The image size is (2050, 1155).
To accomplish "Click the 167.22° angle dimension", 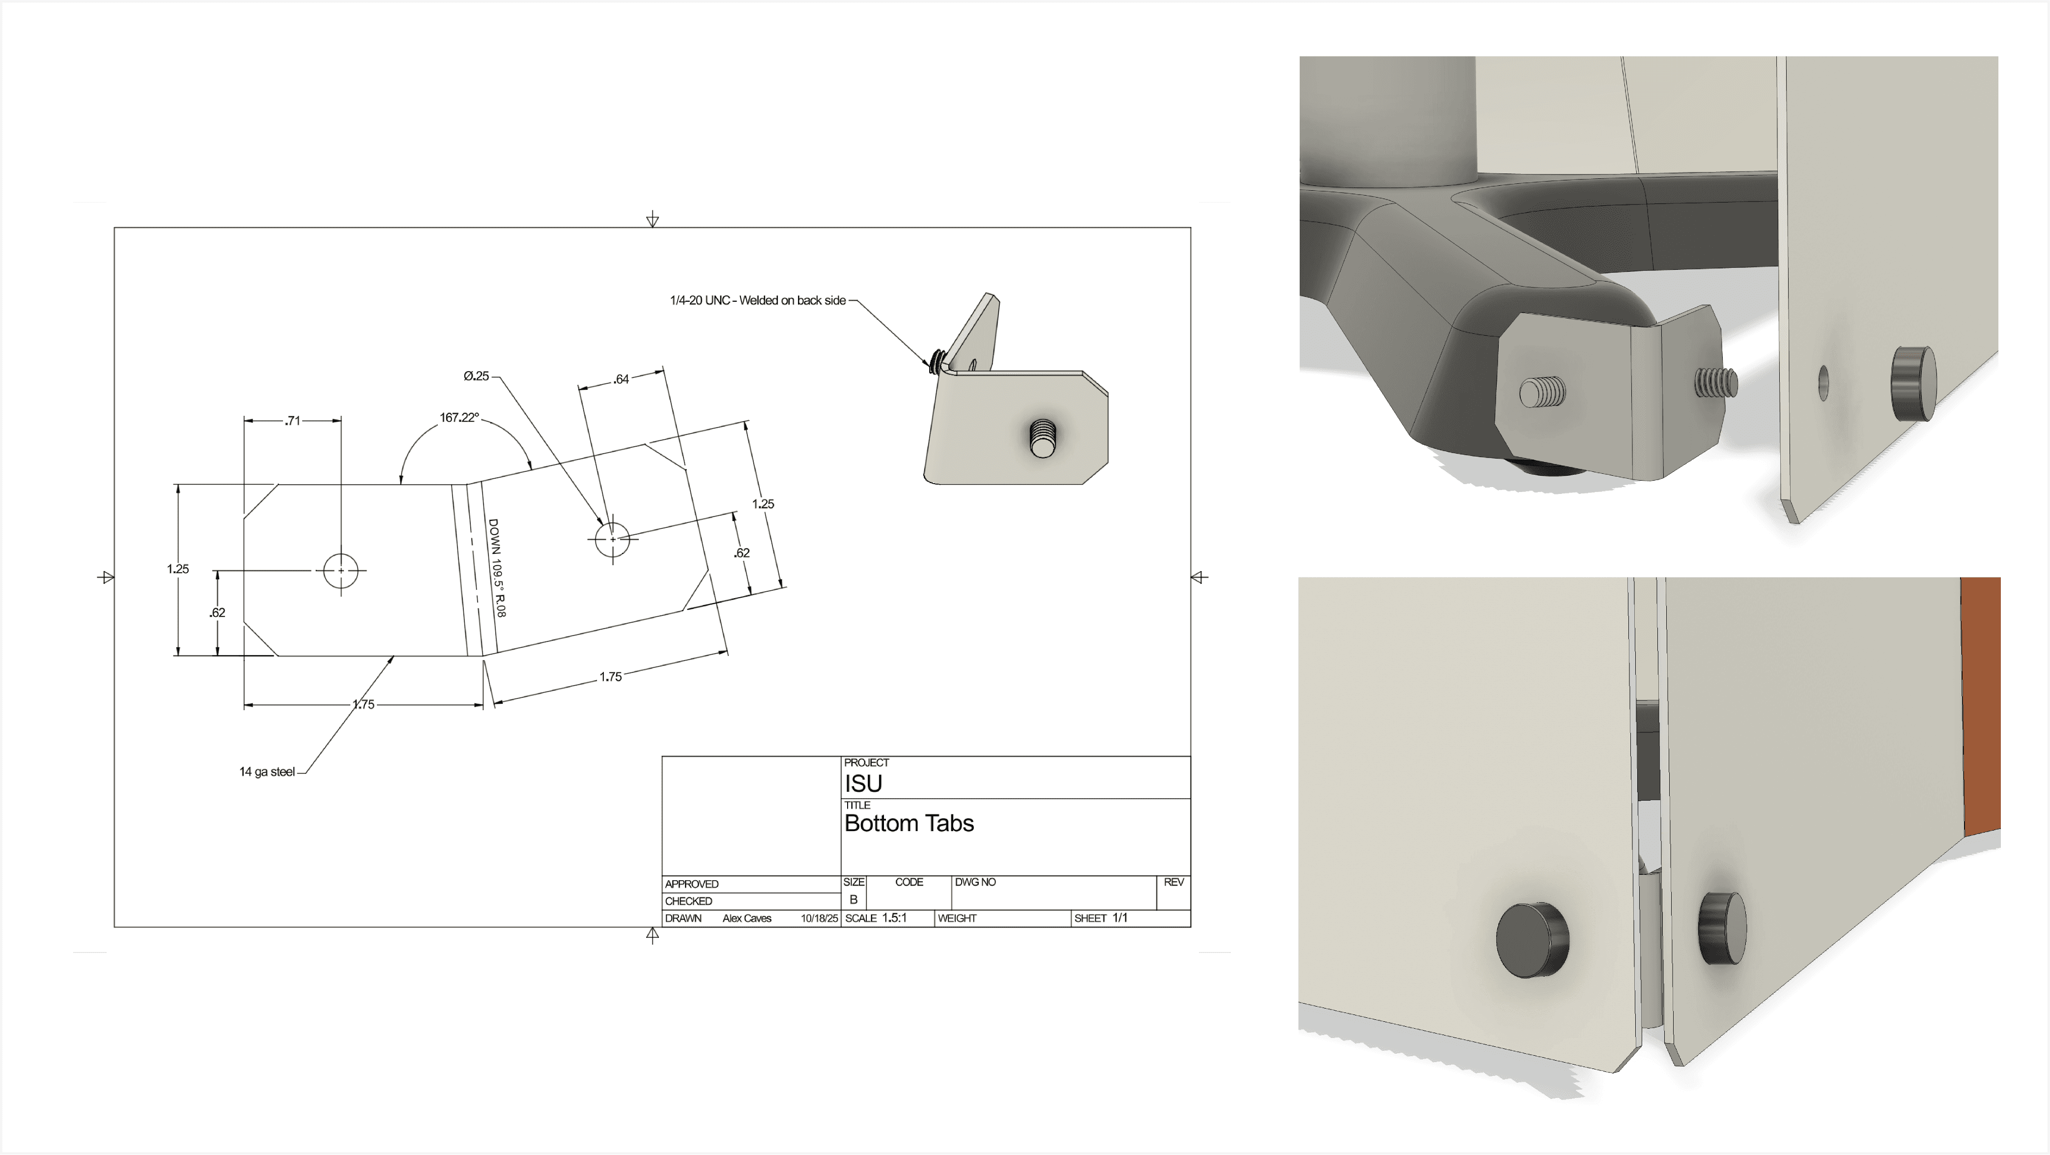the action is (x=459, y=417).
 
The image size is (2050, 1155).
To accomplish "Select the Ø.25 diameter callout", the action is (x=476, y=375).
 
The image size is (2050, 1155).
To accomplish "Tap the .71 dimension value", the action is (x=293, y=420).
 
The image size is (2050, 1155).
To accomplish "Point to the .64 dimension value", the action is (x=621, y=379).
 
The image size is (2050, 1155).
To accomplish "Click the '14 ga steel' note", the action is (x=267, y=771).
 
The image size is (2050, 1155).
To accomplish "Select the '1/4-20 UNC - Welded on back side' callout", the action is (x=758, y=300).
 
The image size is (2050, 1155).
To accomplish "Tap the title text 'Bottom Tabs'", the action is (x=909, y=823).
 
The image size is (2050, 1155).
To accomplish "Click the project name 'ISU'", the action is (x=863, y=783).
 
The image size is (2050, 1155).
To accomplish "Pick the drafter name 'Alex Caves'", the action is (x=746, y=918).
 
